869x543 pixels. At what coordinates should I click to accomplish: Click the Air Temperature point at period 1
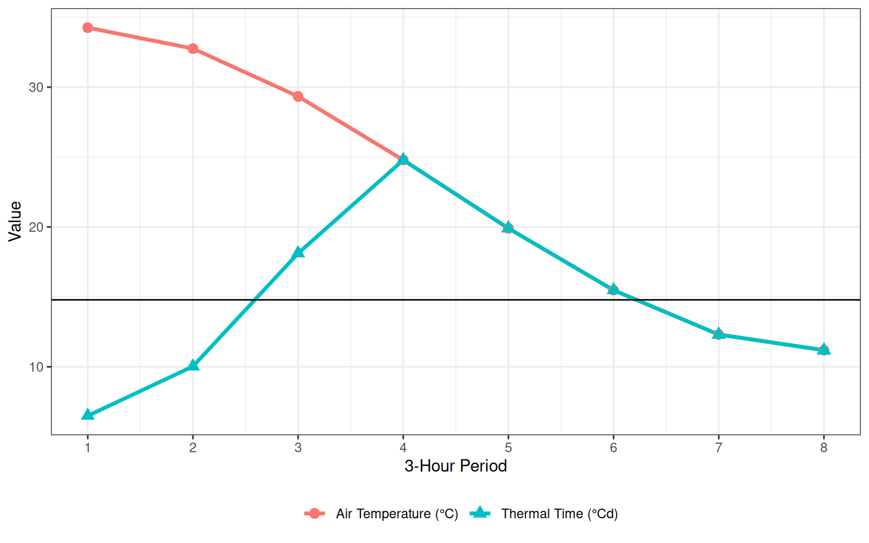click(88, 28)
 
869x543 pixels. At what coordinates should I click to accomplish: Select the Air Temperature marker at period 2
click(193, 49)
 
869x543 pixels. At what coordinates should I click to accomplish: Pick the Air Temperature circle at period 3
click(298, 97)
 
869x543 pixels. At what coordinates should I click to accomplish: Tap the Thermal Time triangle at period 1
click(88, 415)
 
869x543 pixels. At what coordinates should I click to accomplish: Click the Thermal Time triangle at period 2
click(193, 365)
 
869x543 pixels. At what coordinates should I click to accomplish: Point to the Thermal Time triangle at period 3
click(298, 252)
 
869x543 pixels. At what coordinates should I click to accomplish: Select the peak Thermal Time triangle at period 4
click(403, 160)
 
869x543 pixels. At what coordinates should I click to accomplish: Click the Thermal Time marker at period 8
click(824, 350)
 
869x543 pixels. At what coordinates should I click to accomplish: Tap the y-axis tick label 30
click(36, 88)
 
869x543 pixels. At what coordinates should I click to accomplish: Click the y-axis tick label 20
click(36, 227)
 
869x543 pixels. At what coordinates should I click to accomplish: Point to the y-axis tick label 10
click(36, 367)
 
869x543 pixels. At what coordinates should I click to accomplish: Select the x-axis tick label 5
click(508, 448)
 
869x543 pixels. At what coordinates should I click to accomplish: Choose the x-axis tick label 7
click(719, 448)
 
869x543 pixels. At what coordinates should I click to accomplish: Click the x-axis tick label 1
click(88, 448)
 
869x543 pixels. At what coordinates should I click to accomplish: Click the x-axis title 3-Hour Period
click(455, 466)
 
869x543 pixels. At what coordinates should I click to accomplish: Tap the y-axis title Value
click(15, 222)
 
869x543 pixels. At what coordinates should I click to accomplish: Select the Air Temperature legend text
click(397, 514)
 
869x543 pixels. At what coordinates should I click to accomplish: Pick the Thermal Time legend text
click(559, 514)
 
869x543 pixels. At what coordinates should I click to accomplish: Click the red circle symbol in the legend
click(315, 513)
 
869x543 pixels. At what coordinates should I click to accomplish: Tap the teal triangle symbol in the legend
click(480, 512)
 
